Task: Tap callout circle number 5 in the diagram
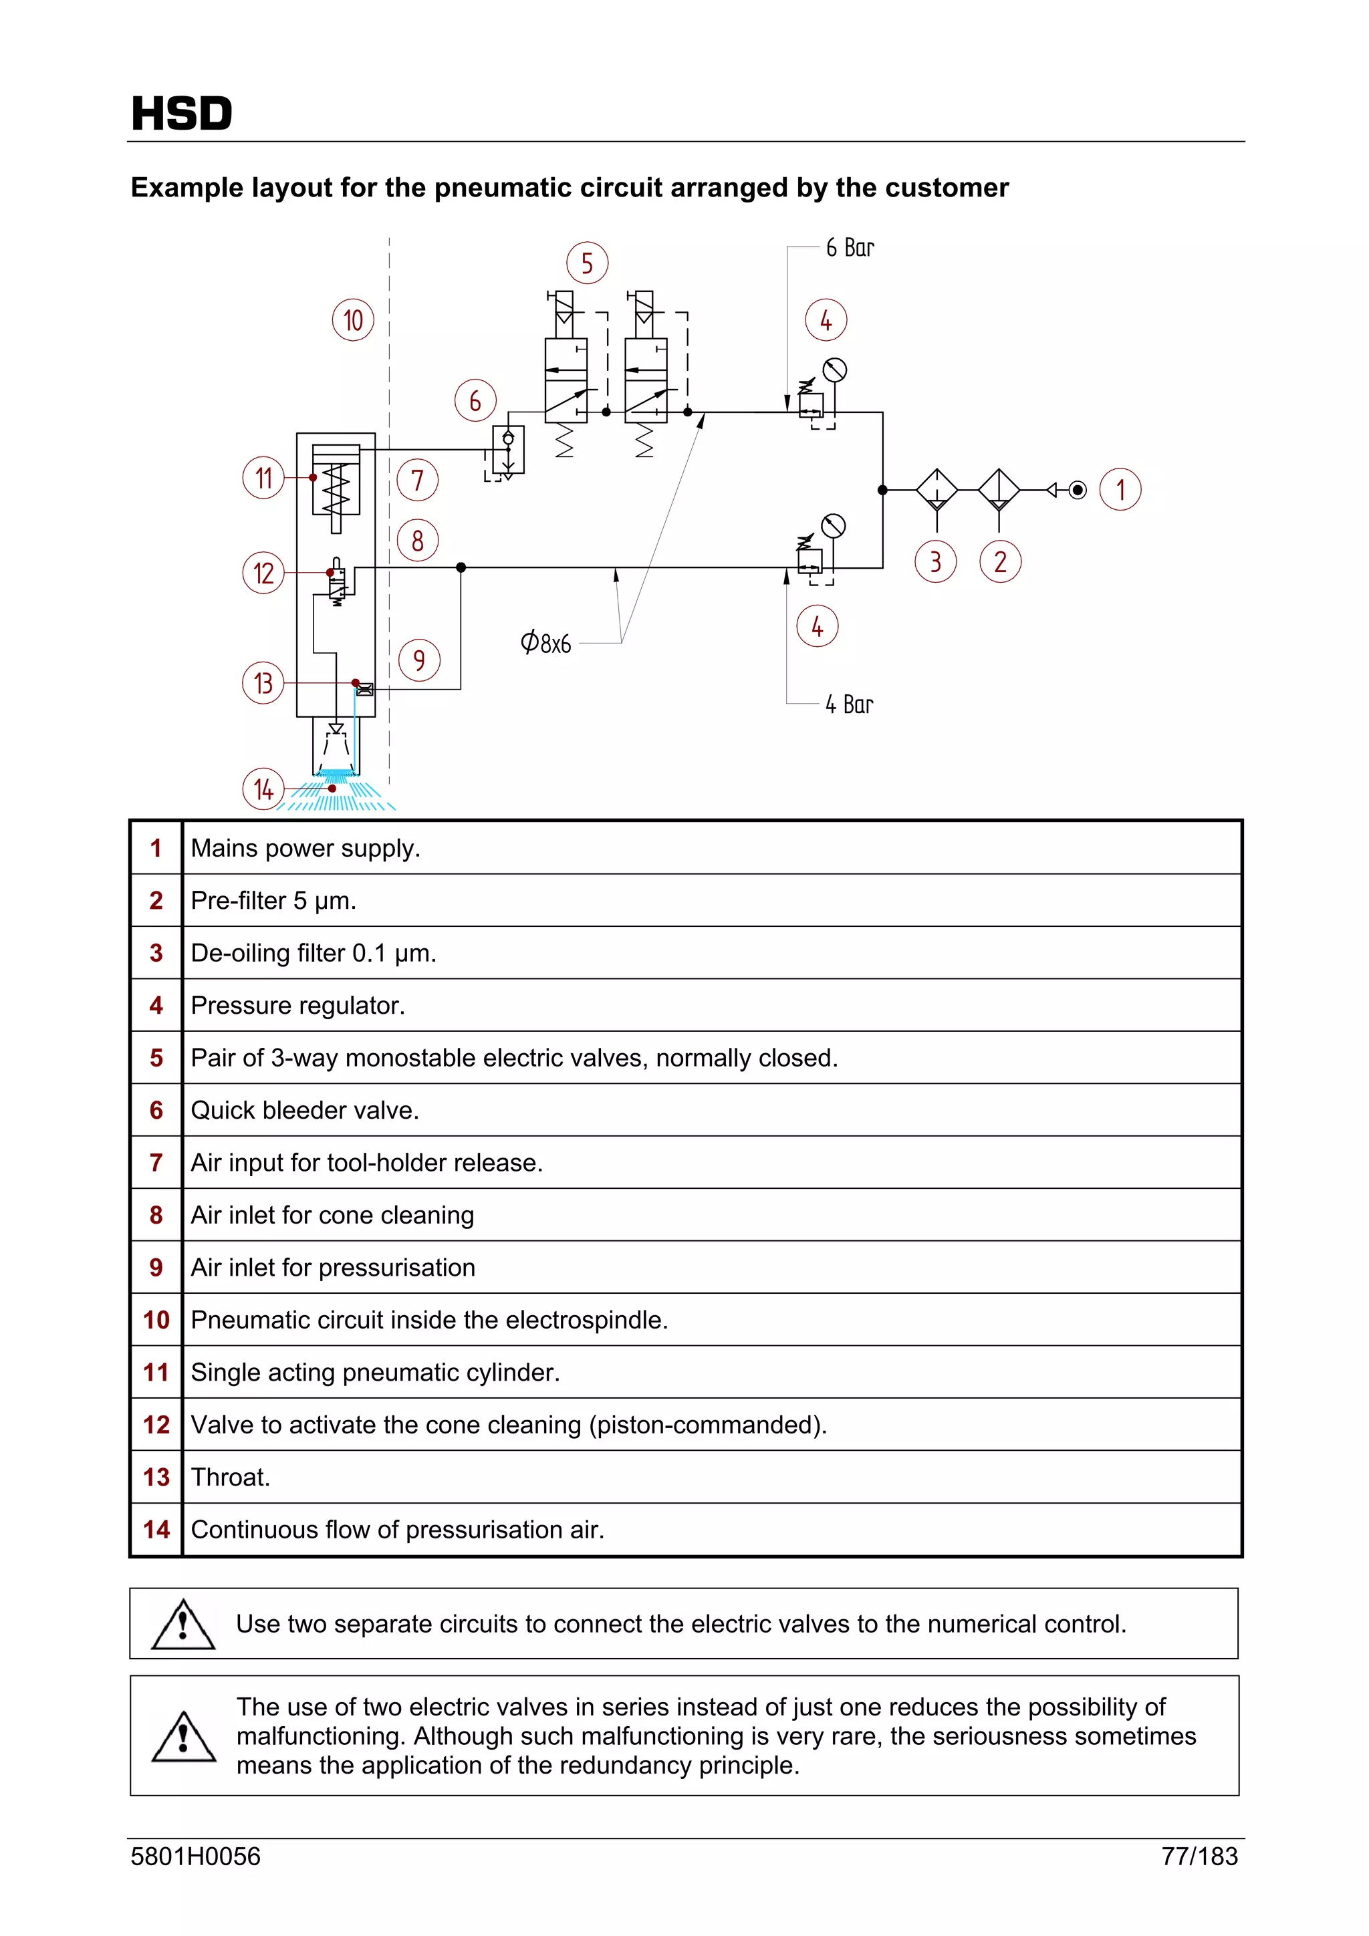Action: click(587, 263)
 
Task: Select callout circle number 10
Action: click(352, 319)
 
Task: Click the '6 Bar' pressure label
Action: click(850, 248)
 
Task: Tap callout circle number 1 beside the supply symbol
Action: click(1120, 490)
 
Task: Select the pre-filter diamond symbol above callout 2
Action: click(999, 490)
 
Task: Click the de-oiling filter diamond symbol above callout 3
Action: click(937, 490)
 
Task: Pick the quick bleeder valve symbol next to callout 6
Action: click(508, 450)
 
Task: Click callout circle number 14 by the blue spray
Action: click(263, 789)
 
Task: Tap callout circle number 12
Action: click(263, 573)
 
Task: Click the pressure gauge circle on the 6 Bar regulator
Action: click(834, 370)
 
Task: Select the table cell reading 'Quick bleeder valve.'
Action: click(305, 1111)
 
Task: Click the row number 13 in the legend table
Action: click(156, 1478)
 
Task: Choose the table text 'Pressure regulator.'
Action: click(297, 1006)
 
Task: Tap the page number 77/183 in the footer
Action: click(1199, 1856)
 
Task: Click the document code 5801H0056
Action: click(196, 1856)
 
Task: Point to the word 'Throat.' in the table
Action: click(230, 1478)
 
